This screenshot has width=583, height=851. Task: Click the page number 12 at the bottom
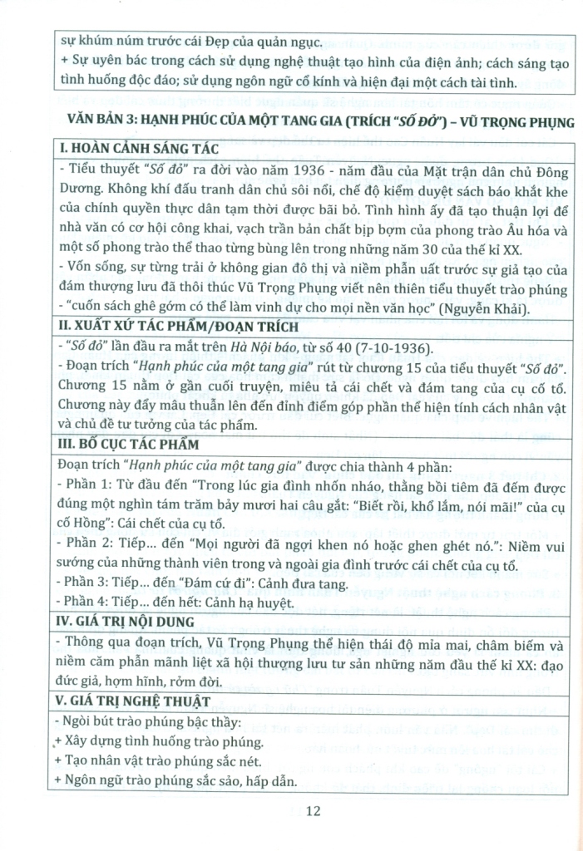coord(313,811)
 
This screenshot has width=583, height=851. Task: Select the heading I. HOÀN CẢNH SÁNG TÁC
coord(137,150)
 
